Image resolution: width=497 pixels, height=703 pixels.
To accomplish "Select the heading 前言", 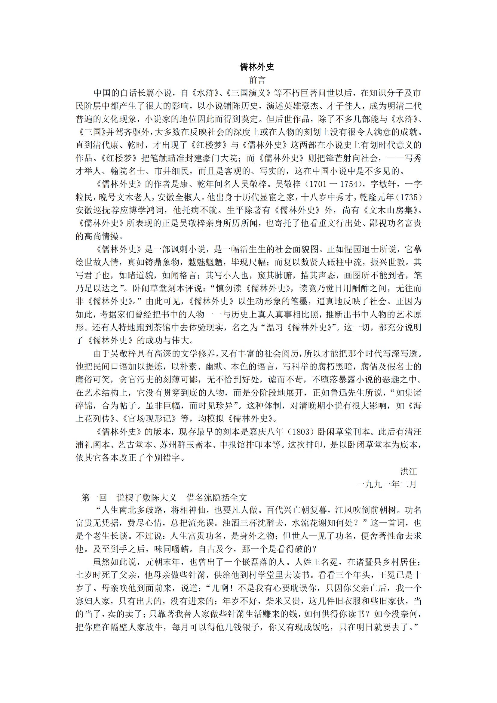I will (x=257, y=80).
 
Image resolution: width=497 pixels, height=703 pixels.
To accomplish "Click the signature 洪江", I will (x=408, y=471).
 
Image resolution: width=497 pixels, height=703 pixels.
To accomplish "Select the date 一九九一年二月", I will (x=386, y=484).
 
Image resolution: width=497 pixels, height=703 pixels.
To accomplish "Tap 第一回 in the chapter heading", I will (x=94, y=497).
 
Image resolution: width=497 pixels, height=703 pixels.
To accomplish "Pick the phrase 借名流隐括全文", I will (x=216, y=497).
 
